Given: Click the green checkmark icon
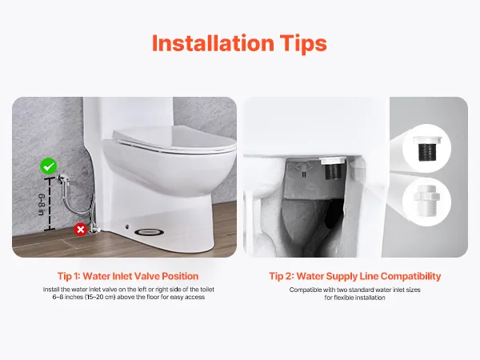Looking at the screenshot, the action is (x=49, y=166).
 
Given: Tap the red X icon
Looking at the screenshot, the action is (x=81, y=230).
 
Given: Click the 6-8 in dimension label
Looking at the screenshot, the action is (x=42, y=205).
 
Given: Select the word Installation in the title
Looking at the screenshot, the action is (x=213, y=43).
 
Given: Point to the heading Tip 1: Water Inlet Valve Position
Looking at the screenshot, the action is (x=128, y=276).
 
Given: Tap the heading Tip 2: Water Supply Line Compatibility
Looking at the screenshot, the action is (x=355, y=277).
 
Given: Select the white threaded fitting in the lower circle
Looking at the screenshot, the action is (x=427, y=201).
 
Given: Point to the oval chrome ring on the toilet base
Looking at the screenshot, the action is (x=149, y=232).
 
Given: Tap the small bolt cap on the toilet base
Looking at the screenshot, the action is (x=127, y=227).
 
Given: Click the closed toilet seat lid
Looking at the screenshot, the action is (x=174, y=139).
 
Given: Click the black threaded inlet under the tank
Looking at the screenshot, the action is (x=334, y=170).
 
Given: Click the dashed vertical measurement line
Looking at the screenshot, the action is (x=50, y=204).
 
